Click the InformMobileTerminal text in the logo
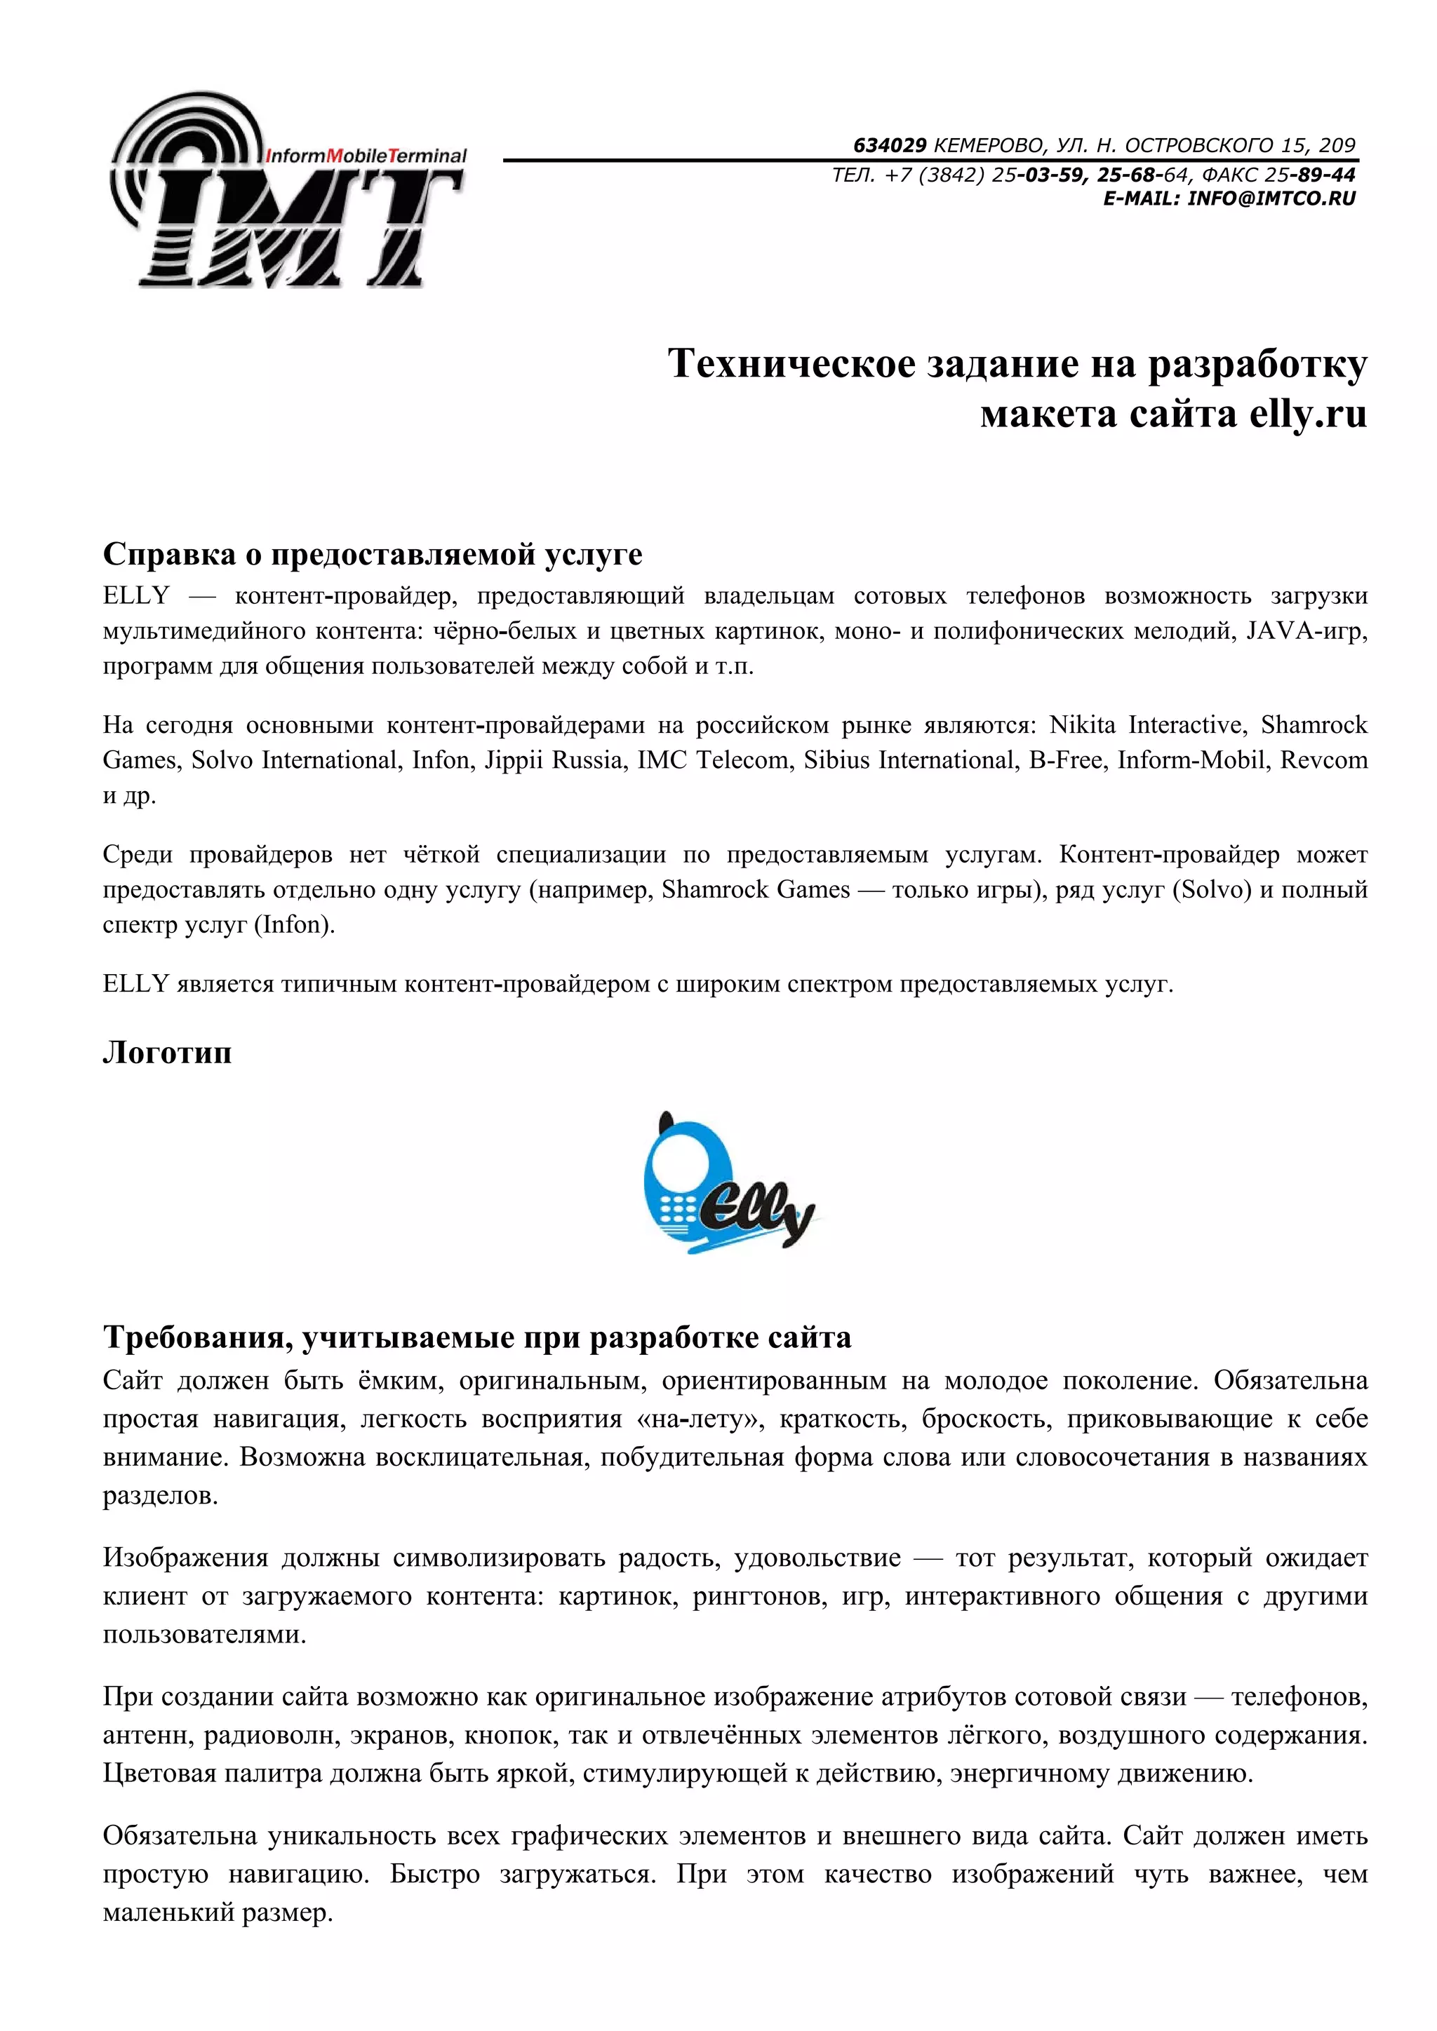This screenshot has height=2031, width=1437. (x=366, y=156)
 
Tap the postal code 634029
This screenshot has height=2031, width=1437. (x=889, y=145)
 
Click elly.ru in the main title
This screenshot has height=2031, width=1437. (x=1308, y=414)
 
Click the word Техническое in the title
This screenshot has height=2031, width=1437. (x=791, y=363)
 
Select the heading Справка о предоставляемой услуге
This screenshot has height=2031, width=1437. (x=373, y=554)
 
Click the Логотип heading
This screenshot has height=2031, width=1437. (x=167, y=1052)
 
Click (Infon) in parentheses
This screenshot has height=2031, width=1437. (x=295, y=925)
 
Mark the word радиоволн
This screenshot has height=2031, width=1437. (x=270, y=1736)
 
